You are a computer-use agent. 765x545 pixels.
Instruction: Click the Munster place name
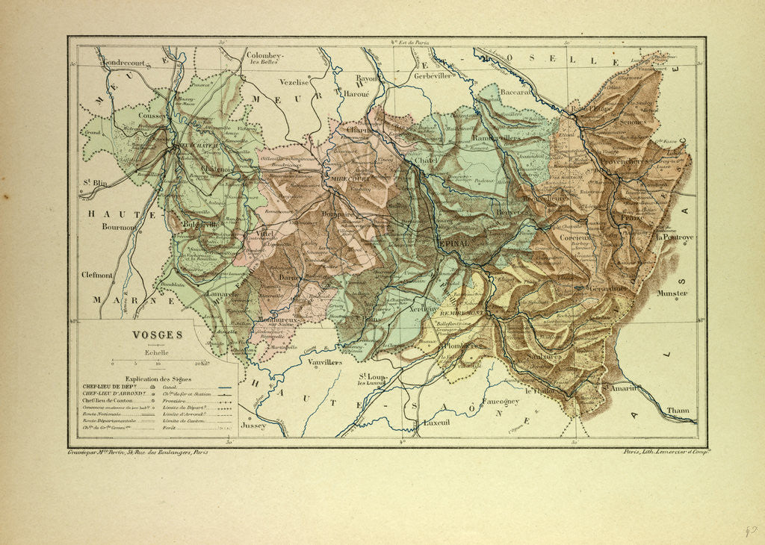point(672,293)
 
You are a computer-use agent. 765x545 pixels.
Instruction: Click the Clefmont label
point(98,275)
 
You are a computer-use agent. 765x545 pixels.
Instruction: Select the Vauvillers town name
point(325,361)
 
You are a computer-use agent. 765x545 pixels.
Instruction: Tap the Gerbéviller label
point(434,78)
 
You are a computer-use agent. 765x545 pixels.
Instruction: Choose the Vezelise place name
point(294,82)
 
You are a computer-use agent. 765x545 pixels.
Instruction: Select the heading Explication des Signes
point(158,379)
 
